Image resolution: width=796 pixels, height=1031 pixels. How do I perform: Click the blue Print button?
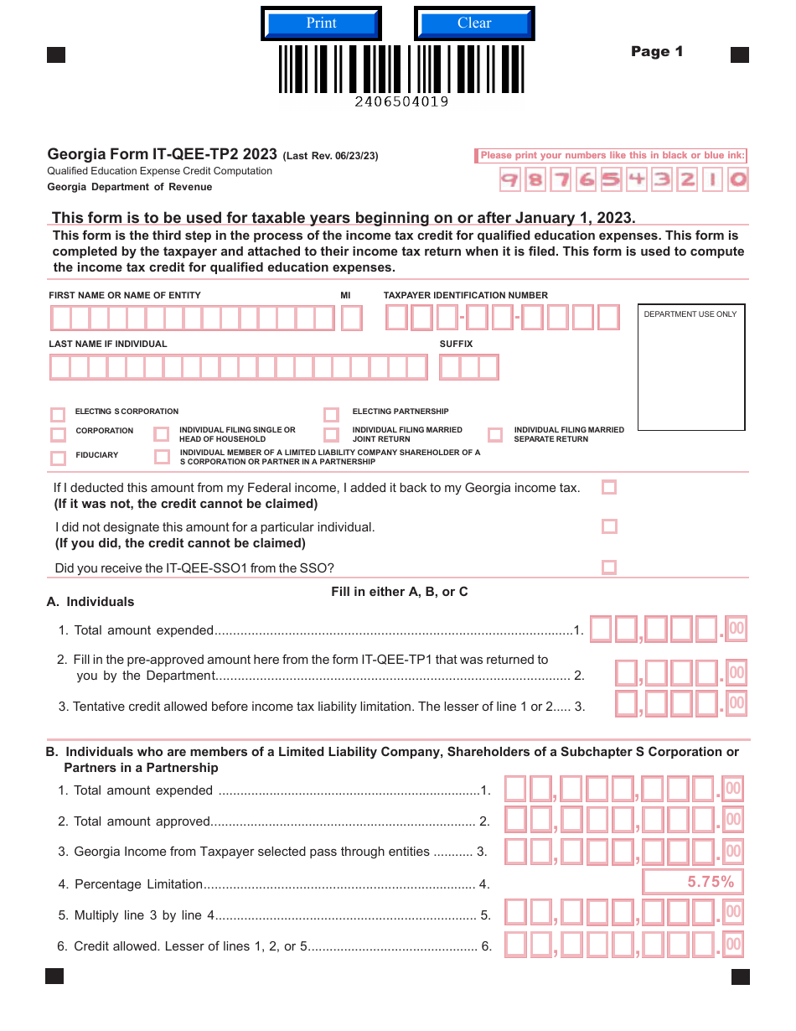point(321,23)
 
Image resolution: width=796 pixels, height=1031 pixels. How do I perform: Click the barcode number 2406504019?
point(401,102)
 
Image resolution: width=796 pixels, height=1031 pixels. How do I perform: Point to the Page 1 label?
point(657,52)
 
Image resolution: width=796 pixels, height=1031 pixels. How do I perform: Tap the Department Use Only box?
point(691,367)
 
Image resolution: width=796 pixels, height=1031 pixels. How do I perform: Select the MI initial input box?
point(352,319)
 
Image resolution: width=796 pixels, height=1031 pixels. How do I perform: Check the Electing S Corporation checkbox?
point(58,414)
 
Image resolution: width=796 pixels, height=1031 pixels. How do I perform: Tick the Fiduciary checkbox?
point(58,458)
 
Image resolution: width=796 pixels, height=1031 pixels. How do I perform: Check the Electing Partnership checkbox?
point(331,414)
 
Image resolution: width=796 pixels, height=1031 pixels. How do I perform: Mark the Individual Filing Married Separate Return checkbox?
point(495,434)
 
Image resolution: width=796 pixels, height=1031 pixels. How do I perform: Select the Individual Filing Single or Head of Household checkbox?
point(161,434)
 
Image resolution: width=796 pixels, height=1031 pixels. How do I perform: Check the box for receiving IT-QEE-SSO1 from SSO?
point(609,567)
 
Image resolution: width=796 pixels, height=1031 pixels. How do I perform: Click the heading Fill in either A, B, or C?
point(400,592)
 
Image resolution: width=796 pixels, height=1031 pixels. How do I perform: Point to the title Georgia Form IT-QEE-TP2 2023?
point(163,154)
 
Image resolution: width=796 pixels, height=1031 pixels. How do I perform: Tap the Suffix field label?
point(456,344)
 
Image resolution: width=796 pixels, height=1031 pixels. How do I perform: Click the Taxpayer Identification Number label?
point(466,295)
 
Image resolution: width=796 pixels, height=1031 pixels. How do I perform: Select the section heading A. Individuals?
point(90,602)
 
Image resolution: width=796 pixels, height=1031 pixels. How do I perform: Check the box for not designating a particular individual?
point(609,526)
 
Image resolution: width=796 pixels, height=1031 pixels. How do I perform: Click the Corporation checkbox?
point(58,434)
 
